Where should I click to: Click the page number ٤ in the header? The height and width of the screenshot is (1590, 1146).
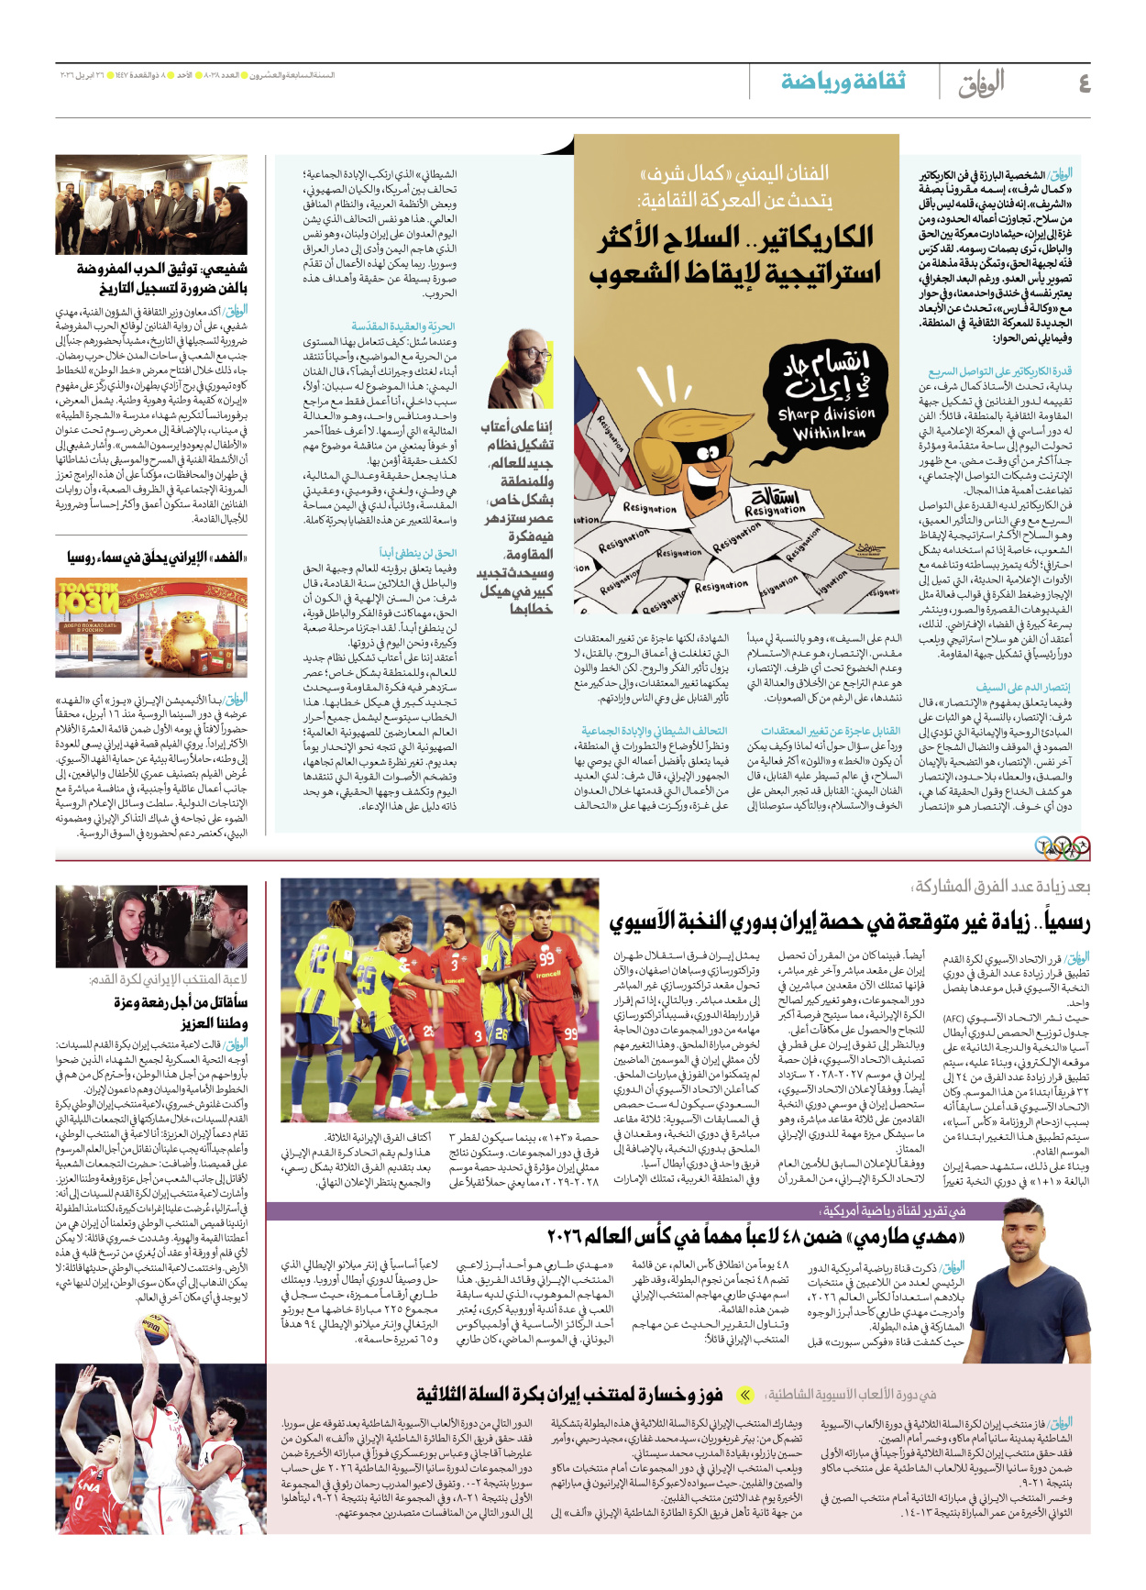[1084, 83]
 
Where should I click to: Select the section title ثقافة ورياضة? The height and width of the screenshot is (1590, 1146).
[843, 82]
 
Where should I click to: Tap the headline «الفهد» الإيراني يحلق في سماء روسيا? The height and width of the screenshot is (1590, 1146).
[156, 558]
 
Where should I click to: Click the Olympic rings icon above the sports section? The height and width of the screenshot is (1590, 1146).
[1062, 847]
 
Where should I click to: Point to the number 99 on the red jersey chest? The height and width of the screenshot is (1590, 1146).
[547, 958]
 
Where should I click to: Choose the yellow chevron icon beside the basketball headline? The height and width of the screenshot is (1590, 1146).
[745, 1395]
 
